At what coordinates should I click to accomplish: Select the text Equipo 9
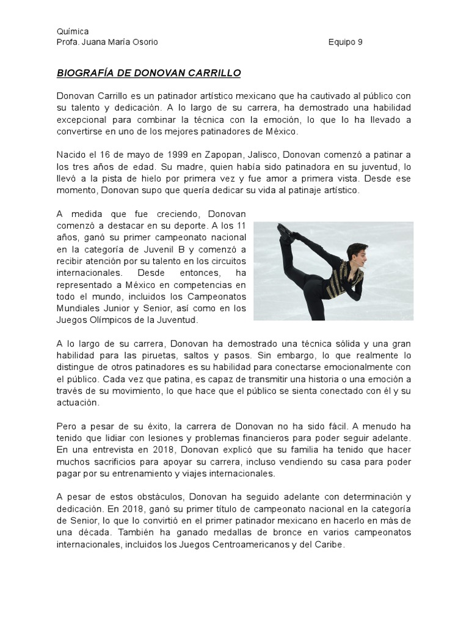(345, 42)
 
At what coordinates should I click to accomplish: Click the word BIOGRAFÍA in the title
(88, 73)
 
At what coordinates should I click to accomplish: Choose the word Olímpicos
(107, 319)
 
